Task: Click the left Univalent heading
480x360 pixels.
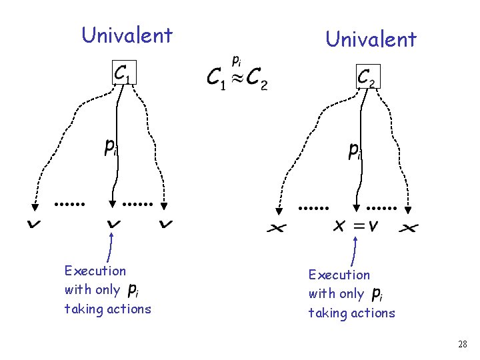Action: [127, 35]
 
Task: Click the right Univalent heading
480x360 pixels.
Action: [371, 39]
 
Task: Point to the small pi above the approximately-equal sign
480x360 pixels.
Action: [236, 61]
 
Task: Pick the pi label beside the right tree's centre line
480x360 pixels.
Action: [355, 151]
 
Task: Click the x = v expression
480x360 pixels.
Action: [355, 226]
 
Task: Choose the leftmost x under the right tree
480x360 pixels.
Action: [277, 228]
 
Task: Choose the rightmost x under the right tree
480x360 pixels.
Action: [408, 228]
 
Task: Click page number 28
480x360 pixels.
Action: [463, 344]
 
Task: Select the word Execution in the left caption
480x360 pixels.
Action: [95, 271]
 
